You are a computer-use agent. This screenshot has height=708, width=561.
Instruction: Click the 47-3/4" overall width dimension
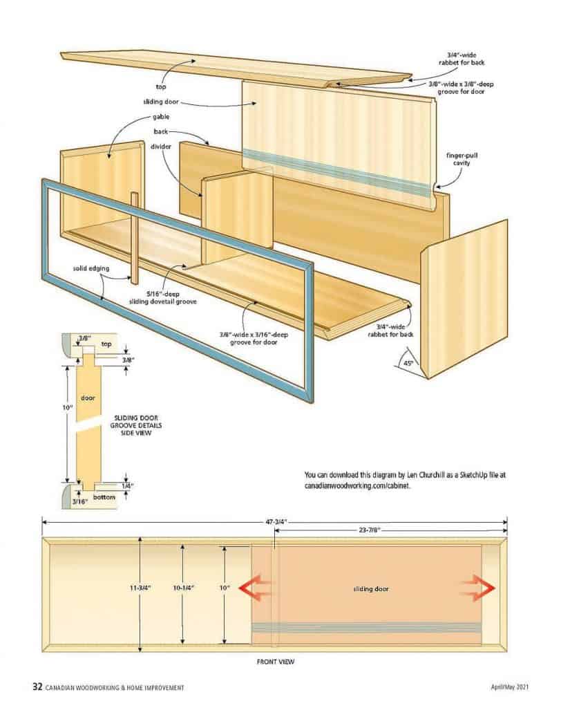point(275,523)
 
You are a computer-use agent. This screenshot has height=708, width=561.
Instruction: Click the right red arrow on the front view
point(478,588)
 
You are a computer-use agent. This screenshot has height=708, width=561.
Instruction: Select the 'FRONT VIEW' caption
point(275,662)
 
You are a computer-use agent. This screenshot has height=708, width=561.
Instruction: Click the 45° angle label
point(408,363)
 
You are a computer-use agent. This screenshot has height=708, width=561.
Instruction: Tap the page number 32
point(37,687)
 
